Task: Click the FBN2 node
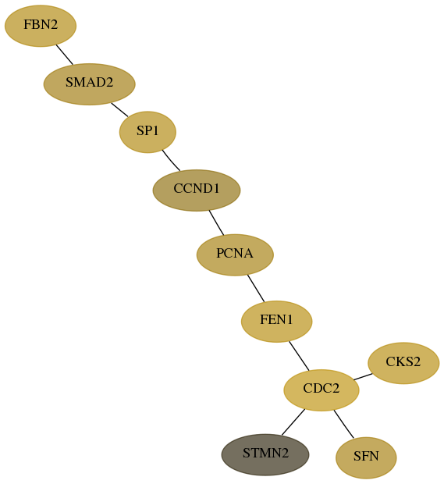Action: (x=41, y=26)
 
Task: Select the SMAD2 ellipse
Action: (x=90, y=84)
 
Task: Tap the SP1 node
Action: (x=147, y=132)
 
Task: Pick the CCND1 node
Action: (x=197, y=190)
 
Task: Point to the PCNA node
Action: (x=235, y=254)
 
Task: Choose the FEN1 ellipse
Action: (x=277, y=322)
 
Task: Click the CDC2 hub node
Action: (x=321, y=390)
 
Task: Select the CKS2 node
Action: (x=403, y=363)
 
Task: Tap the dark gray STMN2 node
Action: (x=265, y=454)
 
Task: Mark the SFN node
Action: (x=366, y=457)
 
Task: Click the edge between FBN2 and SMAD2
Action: (x=65, y=55)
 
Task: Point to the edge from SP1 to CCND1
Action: (x=171, y=161)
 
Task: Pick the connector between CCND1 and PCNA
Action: (x=216, y=222)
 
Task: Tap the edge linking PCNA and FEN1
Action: (x=256, y=288)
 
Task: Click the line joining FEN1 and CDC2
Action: (x=299, y=356)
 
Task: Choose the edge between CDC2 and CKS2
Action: (x=363, y=376)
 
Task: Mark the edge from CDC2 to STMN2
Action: (x=293, y=422)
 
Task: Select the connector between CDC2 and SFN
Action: (x=343, y=424)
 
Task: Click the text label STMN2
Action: (x=265, y=453)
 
